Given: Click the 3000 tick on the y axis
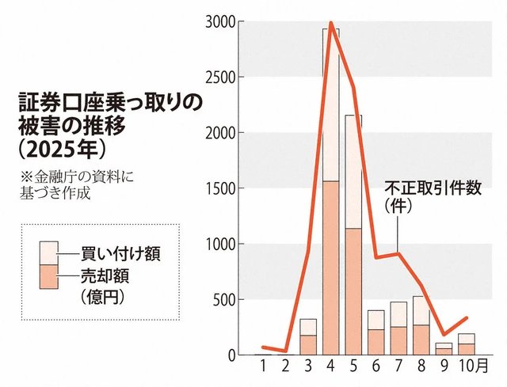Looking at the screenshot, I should point(218,21).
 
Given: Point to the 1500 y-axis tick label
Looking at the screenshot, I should point(218,188).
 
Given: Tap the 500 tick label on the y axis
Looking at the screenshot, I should point(222,299).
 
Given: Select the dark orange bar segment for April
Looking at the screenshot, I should point(331,269).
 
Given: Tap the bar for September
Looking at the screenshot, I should point(444,349).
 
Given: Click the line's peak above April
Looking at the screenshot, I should point(330,24).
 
